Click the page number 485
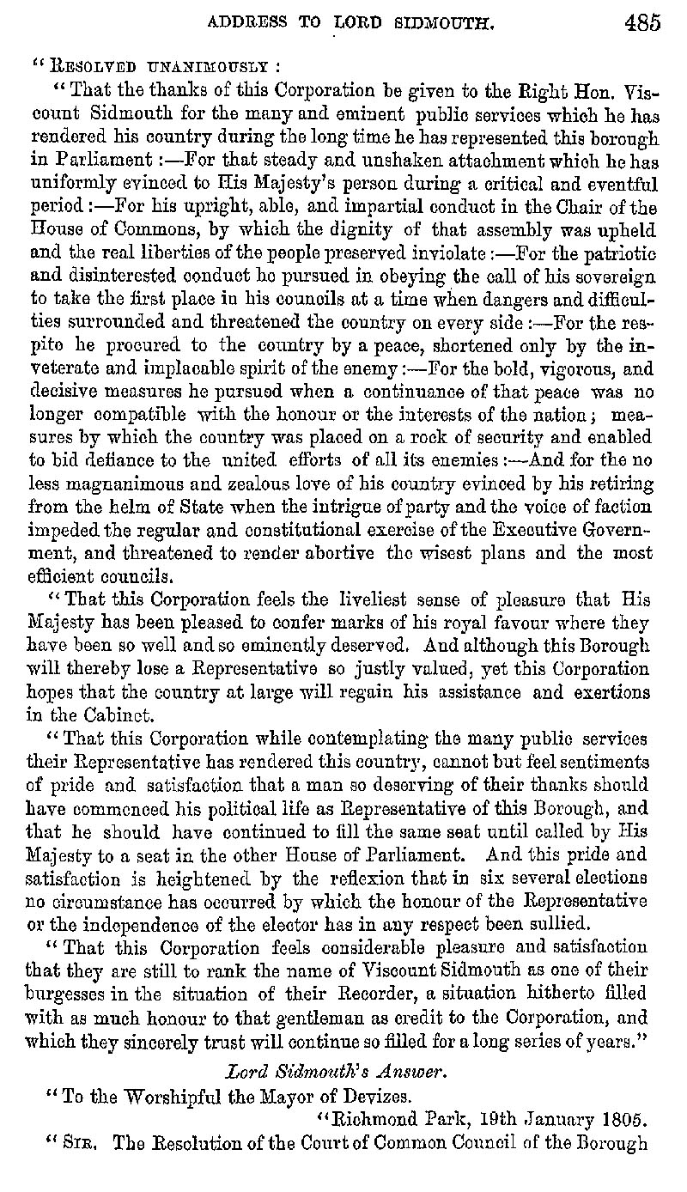click(642, 22)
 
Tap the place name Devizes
click(362, 1094)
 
